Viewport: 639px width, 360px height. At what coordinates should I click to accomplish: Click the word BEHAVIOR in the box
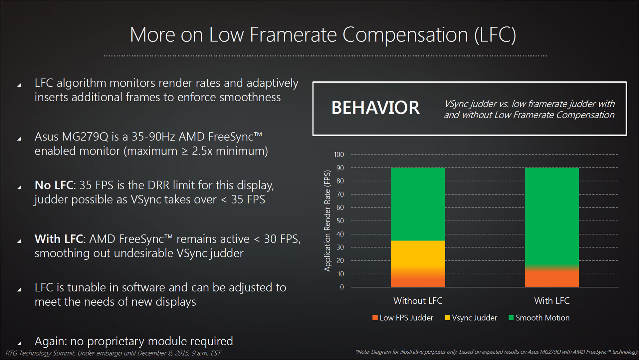pos(375,108)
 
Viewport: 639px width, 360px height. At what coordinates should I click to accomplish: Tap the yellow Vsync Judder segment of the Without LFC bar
pos(418,254)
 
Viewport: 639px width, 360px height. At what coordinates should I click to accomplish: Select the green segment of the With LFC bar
pos(552,216)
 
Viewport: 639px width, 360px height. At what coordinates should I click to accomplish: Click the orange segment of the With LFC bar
pos(552,278)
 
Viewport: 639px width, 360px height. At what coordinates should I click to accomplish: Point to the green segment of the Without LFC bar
pos(418,204)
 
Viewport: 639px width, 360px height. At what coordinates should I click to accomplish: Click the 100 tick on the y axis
pos(339,155)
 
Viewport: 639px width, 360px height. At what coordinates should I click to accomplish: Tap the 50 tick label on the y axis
pos(340,221)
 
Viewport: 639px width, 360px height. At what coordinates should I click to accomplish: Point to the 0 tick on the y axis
pos(342,287)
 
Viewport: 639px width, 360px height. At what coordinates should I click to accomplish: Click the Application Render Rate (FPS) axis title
pos(327,221)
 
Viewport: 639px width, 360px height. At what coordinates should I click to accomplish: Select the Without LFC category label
pos(418,301)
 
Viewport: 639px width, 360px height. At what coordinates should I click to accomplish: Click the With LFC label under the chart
pos(552,301)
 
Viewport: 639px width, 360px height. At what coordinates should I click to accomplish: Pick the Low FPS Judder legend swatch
pos(375,318)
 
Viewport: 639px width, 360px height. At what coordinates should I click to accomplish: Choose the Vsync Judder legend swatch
pos(448,318)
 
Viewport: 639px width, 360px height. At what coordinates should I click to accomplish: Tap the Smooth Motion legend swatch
pos(511,318)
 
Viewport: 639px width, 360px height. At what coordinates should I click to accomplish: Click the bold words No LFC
pos(54,185)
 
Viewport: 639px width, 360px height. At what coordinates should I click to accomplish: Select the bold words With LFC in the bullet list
pos(59,239)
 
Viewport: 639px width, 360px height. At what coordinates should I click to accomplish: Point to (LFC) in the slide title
pos(495,35)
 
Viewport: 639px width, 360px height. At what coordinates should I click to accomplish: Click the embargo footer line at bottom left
pos(113,353)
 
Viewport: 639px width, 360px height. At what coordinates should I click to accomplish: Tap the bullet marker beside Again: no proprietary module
pos(19,343)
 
